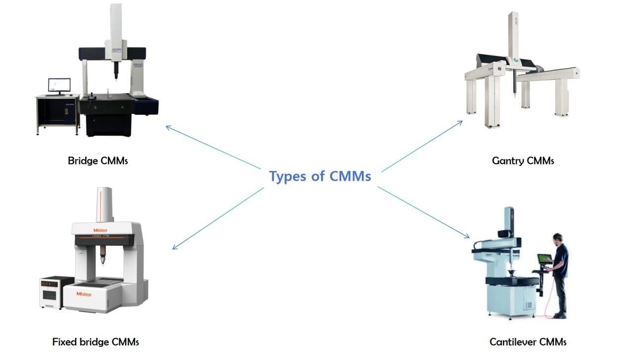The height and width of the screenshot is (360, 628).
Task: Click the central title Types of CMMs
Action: pos(320,176)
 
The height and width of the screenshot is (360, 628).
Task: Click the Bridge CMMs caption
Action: pos(97,160)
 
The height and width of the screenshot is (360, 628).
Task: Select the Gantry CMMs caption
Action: pos(523,160)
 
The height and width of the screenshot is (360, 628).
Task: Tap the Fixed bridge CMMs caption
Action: pos(96,342)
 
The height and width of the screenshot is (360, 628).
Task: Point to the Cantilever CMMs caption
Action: pos(528,342)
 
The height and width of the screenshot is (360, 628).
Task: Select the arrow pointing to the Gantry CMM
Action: pos(422,146)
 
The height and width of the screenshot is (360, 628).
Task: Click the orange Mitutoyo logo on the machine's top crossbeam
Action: pos(100,230)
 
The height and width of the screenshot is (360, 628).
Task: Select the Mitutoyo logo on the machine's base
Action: pos(84,294)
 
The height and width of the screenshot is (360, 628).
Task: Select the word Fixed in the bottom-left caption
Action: pos(62,342)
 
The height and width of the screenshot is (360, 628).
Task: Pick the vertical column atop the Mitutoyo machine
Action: pos(104,204)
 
